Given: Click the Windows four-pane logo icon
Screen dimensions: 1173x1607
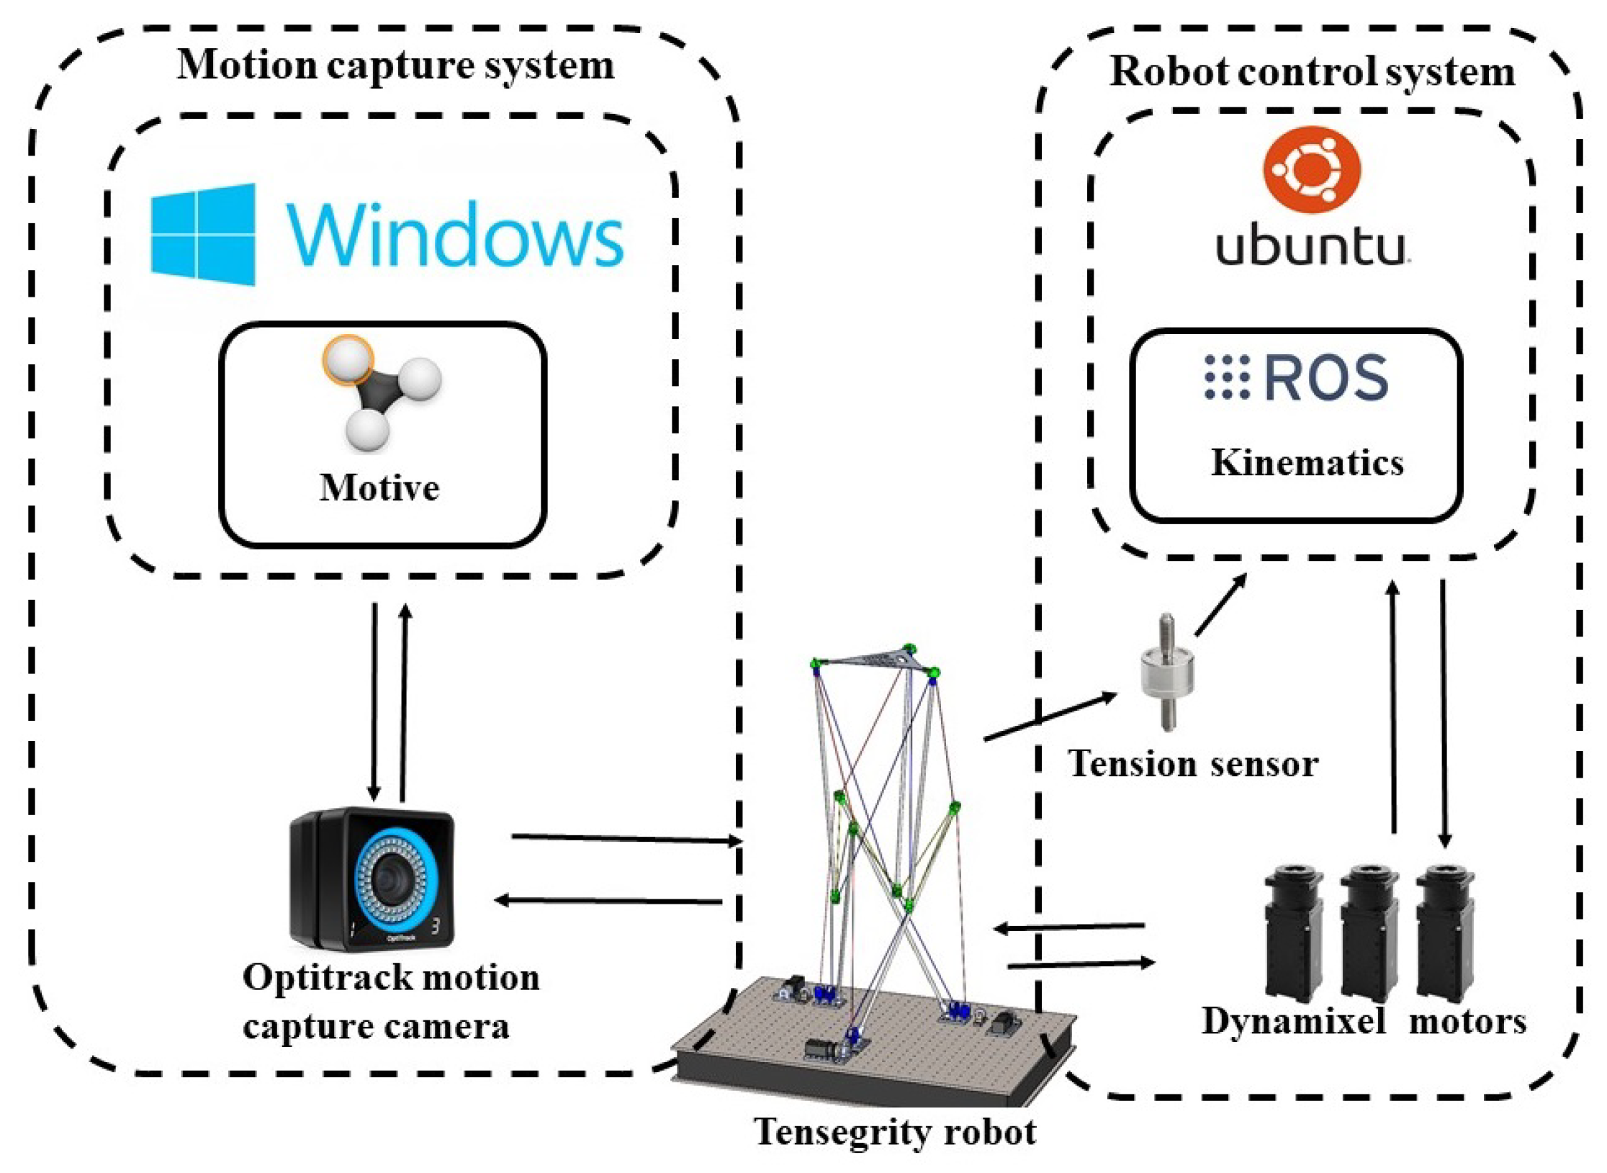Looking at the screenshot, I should pos(203,234).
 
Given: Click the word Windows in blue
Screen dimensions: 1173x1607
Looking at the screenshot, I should pos(455,235).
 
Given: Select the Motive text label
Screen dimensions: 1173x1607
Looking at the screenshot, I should pos(379,488).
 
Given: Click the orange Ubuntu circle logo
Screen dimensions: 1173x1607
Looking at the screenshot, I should pos(1312,169).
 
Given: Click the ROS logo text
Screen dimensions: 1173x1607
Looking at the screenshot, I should pos(1296,377).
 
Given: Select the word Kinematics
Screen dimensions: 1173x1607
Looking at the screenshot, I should pos(1307,462).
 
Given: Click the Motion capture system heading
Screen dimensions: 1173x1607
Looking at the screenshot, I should pos(395,66).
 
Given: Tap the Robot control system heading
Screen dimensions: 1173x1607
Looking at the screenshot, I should pos(1312,71).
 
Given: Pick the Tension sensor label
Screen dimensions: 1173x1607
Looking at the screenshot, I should pos(1192,764).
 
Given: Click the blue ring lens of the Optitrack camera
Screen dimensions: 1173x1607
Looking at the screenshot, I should pos(396,878).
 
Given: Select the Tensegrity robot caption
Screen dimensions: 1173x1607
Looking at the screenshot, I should pos(895,1131).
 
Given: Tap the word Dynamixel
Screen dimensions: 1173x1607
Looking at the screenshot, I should pos(1293,1021).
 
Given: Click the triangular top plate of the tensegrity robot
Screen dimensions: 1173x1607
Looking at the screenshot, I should pos(875,658).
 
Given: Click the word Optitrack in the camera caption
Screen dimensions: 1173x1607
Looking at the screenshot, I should pos(325,978).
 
